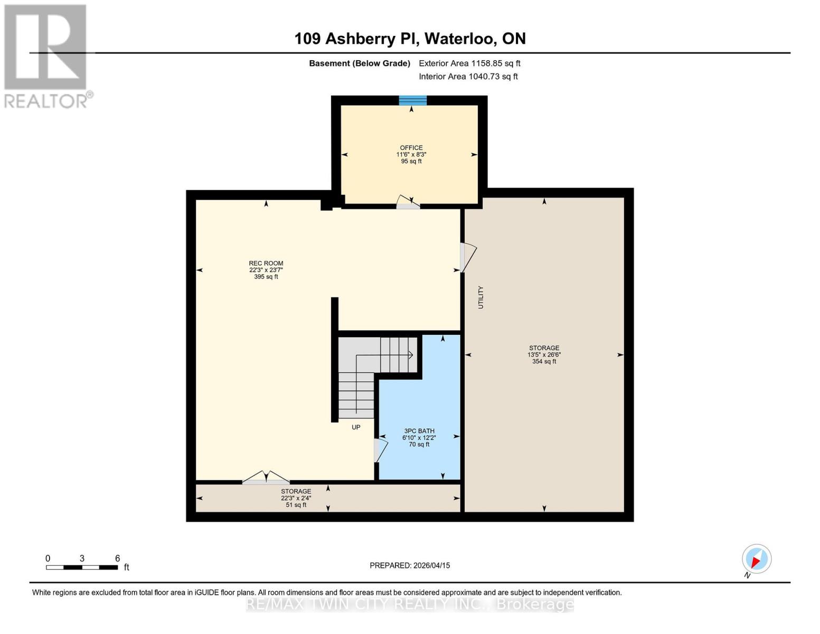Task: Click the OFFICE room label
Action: click(x=411, y=148)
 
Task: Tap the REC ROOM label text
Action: click(x=266, y=263)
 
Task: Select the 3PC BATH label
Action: click(x=419, y=431)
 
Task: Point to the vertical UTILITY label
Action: click(x=480, y=297)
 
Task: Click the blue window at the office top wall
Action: click(x=412, y=100)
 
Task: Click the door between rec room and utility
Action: click(x=468, y=257)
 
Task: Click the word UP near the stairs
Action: click(x=356, y=427)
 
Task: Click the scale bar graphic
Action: click(x=82, y=567)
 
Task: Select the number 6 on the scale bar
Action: click(x=117, y=558)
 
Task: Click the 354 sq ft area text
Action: click(x=544, y=361)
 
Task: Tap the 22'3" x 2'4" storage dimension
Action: click(x=296, y=498)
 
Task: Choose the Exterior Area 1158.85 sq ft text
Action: click(x=469, y=63)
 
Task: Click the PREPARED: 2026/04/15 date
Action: click(x=410, y=565)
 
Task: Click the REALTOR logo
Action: click(x=46, y=55)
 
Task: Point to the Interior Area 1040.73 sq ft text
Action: click(x=468, y=77)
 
